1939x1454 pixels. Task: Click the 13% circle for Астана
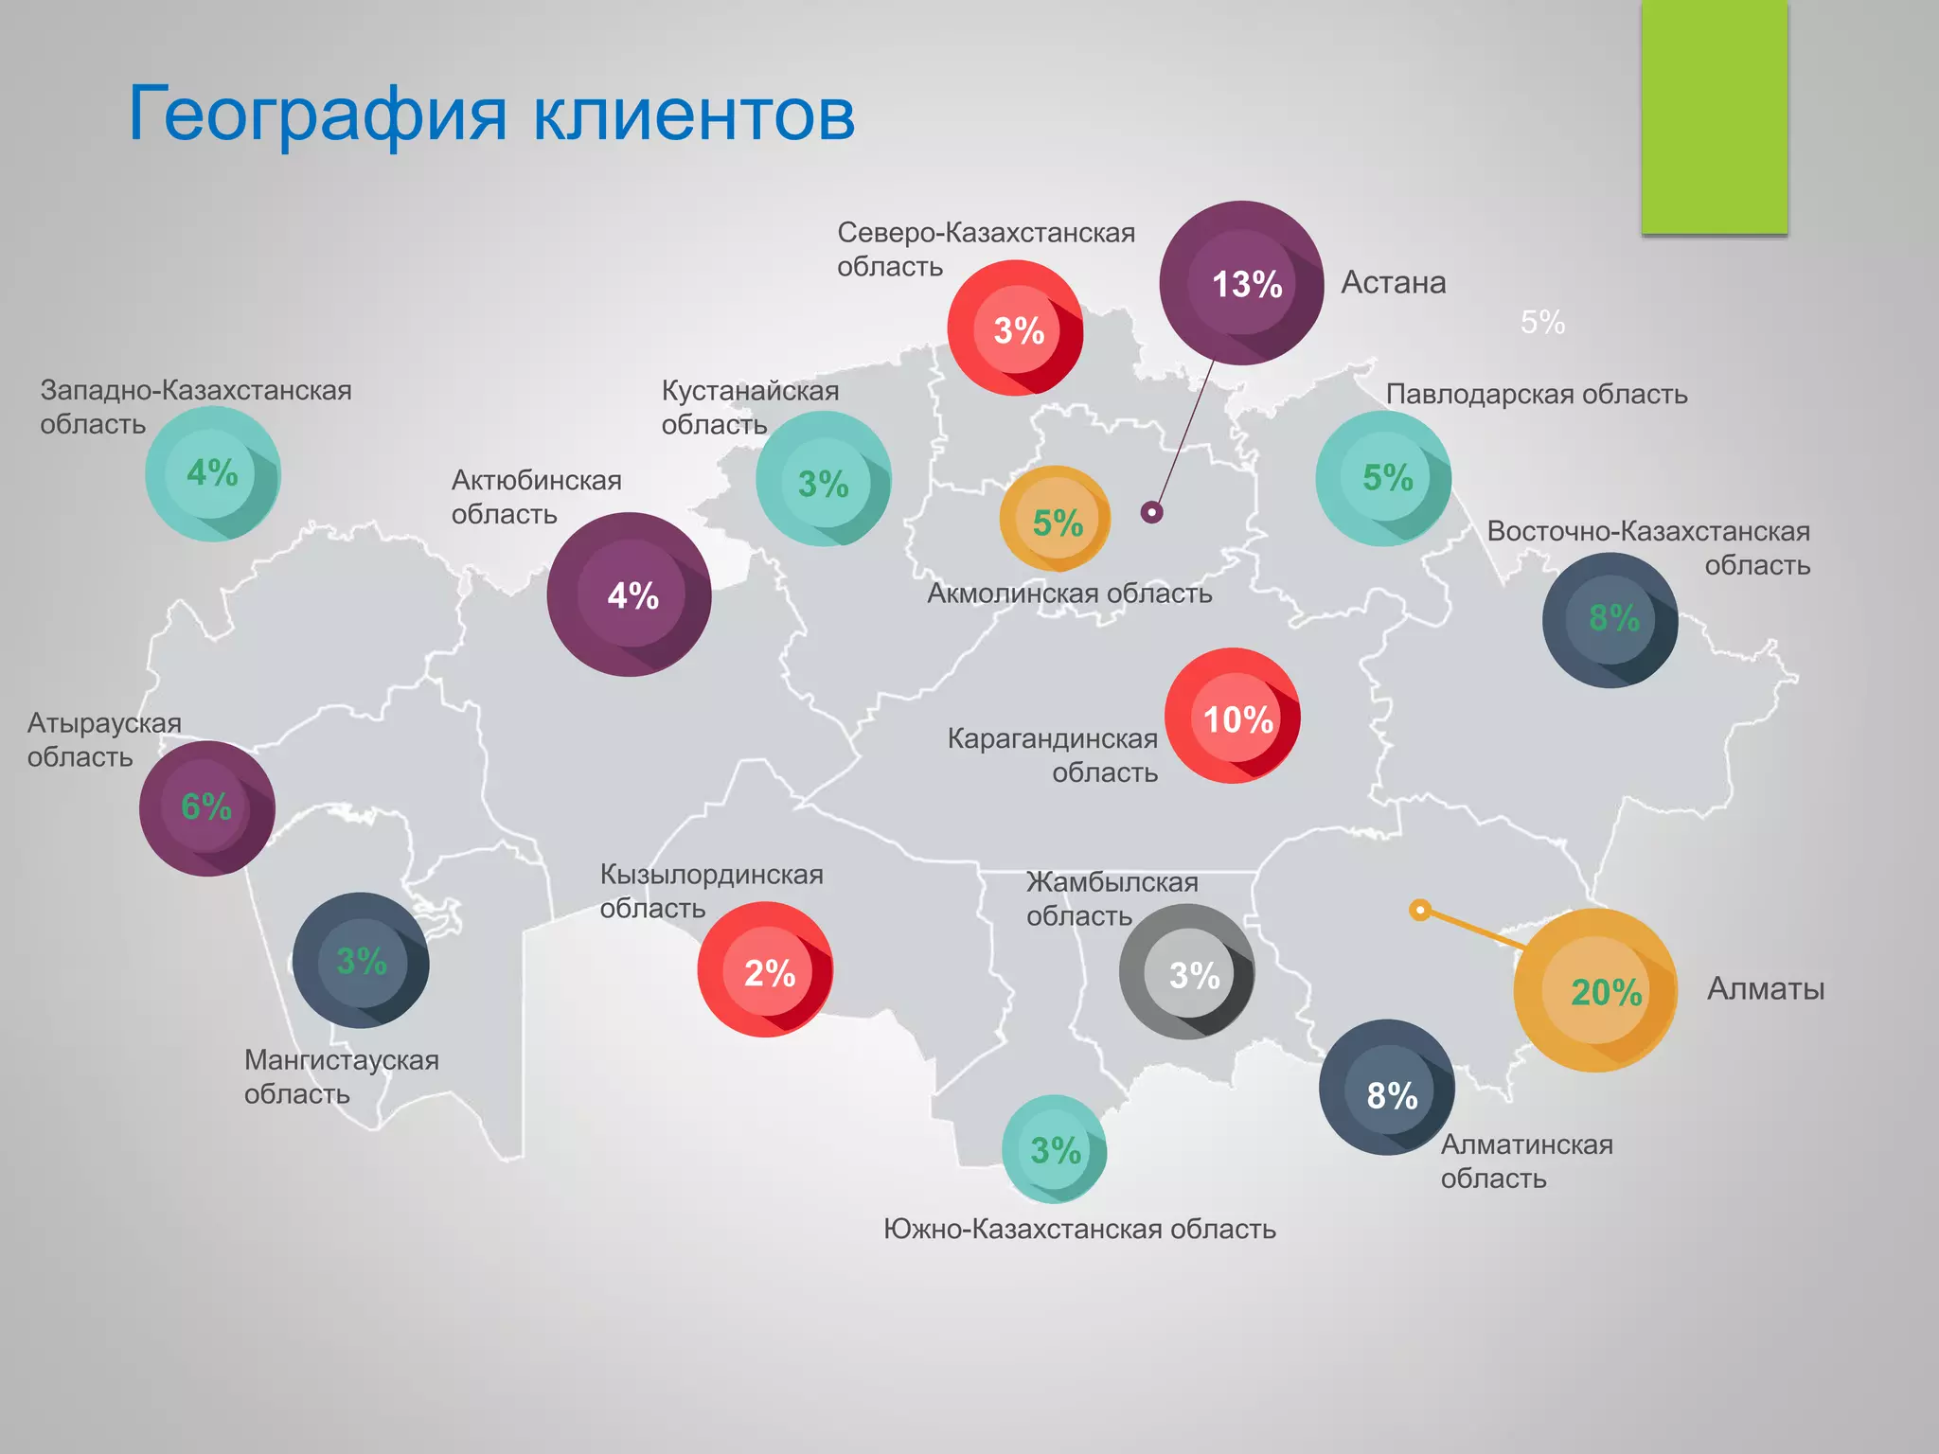(1241, 283)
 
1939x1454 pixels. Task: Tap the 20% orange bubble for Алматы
(1595, 990)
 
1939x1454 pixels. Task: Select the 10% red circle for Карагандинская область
(1233, 717)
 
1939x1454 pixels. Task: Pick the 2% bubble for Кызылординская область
(765, 970)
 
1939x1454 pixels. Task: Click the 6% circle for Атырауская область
(207, 808)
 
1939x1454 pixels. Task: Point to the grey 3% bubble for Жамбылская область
(1186, 972)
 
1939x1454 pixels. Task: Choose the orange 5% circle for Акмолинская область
(1056, 520)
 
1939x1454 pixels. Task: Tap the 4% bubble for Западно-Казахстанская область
(213, 474)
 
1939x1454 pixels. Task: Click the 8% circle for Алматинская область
(1387, 1088)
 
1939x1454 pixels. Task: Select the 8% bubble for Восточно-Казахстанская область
(1610, 620)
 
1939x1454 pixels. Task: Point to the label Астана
(1393, 282)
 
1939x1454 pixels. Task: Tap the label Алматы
(1765, 988)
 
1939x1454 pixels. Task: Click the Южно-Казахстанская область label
(1079, 1229)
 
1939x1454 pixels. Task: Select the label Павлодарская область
(1536, 394)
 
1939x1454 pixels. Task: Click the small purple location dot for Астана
(1151, 512)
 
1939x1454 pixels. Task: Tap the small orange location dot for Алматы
(1419, 910)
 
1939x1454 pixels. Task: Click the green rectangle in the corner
(1714, 116)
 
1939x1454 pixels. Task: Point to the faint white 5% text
(1542, 323)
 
